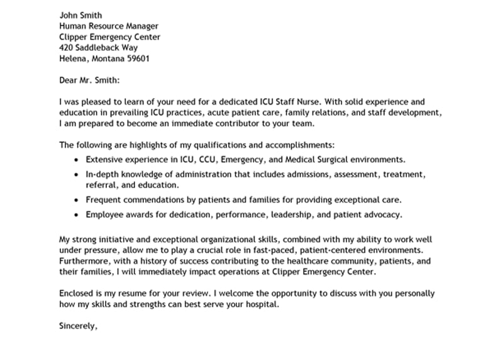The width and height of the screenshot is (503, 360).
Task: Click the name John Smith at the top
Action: click(80, 15)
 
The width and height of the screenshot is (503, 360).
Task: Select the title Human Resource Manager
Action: click(109, 26)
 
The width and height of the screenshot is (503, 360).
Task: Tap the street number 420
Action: click(67, 48)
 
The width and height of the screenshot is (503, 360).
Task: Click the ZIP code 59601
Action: click(138, 59)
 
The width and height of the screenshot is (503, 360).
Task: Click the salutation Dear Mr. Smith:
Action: click(89, 81)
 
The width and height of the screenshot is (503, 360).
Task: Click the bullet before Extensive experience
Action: click(77, 160)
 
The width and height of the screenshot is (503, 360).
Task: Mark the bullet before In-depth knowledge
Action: click(77, 174)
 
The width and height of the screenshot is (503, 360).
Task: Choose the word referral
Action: click(100, 186)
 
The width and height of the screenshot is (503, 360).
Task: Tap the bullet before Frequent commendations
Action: click(77, 200)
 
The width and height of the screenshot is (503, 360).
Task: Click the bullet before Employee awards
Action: click(77, 215)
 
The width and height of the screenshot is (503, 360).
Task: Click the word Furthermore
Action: click(84, 261)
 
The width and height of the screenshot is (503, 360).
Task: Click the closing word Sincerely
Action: click(78, 326)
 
